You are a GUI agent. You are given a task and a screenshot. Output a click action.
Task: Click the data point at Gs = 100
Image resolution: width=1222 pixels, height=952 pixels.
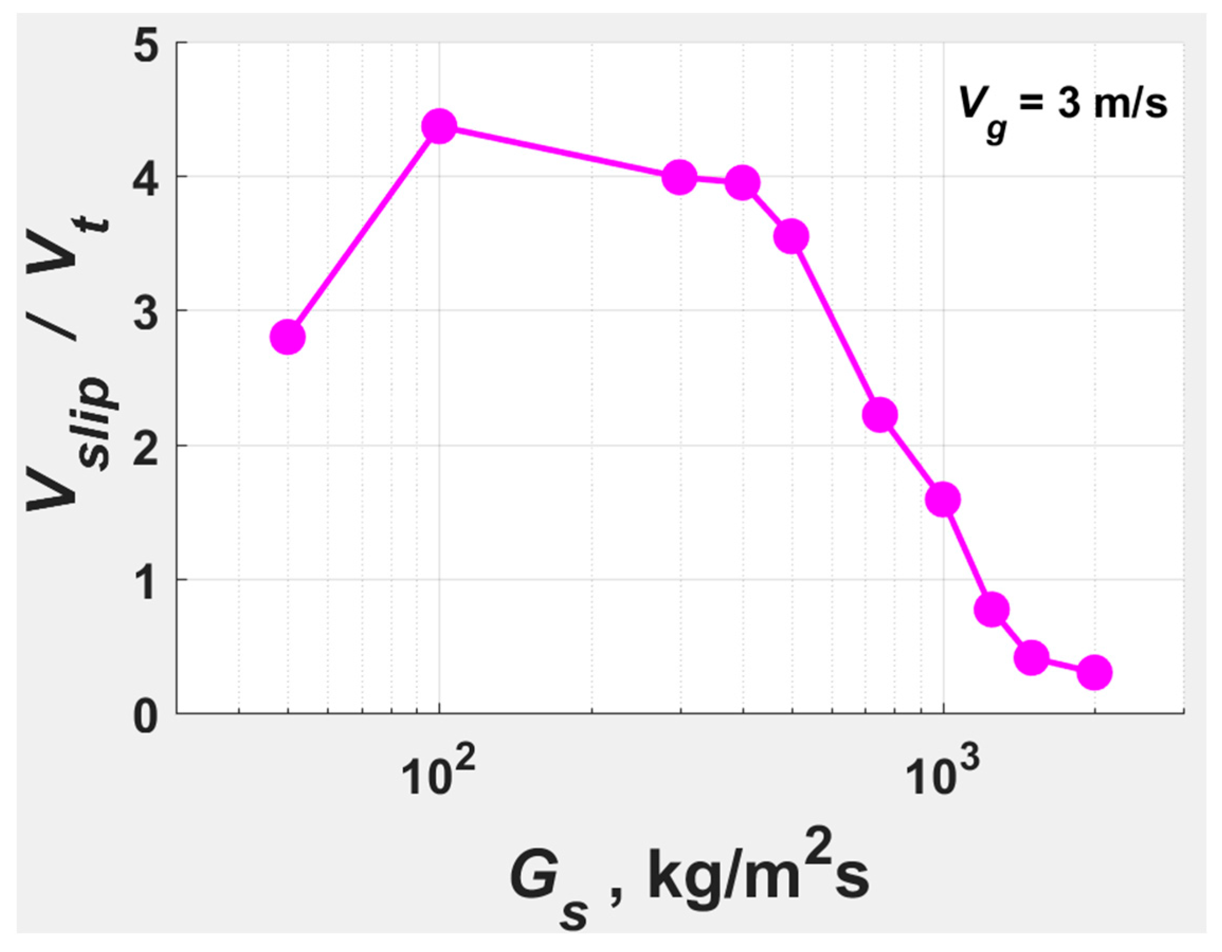(439, 126)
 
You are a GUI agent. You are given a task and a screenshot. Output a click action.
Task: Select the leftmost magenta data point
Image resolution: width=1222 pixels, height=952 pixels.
(288, 337)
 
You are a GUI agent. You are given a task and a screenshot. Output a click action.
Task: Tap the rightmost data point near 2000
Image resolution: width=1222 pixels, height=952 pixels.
(1095, 672)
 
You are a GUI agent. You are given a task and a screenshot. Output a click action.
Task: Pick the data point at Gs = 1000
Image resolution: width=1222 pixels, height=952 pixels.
(943, 499)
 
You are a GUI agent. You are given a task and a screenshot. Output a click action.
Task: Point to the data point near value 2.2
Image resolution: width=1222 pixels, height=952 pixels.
(880, 415)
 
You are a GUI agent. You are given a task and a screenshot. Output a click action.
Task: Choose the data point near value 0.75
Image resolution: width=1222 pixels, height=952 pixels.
(992, 609)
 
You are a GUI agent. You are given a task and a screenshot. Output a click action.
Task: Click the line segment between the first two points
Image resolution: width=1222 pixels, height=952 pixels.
(364, 232)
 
